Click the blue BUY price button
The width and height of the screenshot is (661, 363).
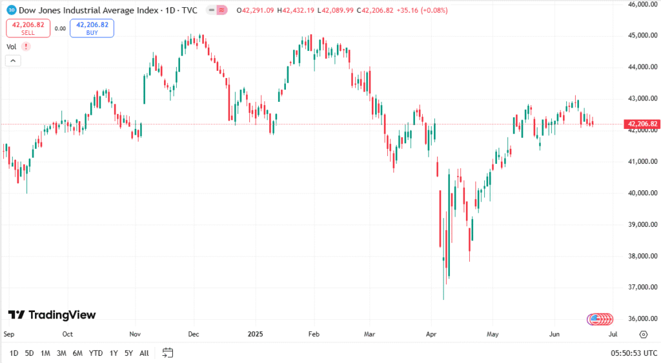point(92,28)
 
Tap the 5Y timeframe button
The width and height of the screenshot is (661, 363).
point(129,353)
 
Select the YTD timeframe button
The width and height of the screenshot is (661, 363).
point(96,353)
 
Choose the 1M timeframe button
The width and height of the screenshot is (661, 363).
point(45,353)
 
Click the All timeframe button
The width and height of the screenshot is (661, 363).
point(144,353)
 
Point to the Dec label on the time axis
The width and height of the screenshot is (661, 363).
point(194,334)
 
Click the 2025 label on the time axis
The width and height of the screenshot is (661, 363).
point(255,334)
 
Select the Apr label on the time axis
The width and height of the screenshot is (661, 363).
point(431,334)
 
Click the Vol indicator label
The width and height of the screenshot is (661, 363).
point(11,46)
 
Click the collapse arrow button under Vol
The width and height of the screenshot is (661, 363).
point(14,61)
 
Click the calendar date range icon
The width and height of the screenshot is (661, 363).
point(168,353)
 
